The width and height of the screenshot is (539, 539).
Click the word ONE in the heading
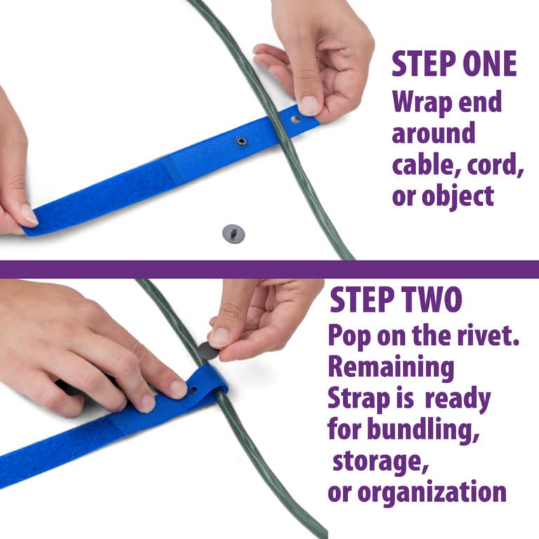click(489, 64)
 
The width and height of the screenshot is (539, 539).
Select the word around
click(434, 133)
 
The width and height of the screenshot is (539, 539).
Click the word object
click(458, 197)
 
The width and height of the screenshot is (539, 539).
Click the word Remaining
click(391, 368)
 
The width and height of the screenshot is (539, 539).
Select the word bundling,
click(423, 430)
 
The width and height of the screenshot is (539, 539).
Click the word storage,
click(380, 462)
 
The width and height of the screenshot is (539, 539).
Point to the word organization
click(432, 493)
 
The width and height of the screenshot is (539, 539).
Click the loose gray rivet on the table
click(234, 234)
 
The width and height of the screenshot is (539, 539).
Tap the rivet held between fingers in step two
click(208, 351)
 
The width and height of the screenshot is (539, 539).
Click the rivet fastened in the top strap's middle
click(241, 141)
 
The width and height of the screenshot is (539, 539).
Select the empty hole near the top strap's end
click(295, 119)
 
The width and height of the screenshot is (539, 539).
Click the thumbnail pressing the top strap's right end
click(310, 105)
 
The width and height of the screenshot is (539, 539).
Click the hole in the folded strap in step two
click(193, 390)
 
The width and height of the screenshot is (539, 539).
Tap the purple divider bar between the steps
click(269, 269)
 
